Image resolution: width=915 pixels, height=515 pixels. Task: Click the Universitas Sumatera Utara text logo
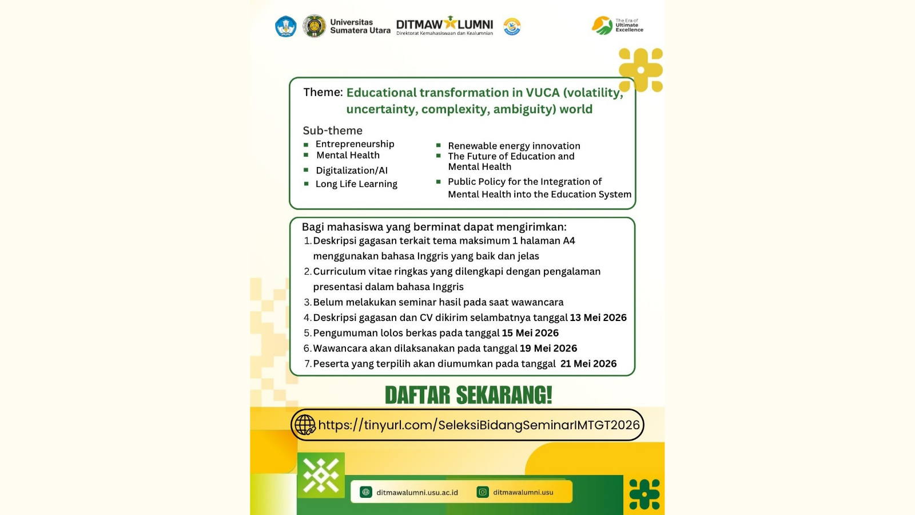(360, 26)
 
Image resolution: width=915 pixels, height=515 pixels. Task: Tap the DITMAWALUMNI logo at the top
(444, 26)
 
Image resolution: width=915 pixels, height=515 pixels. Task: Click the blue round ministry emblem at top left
(286, 26)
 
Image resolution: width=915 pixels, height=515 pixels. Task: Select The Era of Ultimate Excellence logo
(618, 26)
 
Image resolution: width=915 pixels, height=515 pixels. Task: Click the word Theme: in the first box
(323, 92)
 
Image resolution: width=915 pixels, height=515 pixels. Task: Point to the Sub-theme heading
(332, 130)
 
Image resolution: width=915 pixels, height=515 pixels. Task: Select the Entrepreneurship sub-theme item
(355, 144)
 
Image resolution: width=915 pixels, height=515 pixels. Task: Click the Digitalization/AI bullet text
(352, 171)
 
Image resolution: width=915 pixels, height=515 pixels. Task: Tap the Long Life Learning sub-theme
(356, 184)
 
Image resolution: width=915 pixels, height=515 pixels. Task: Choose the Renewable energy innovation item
(514, 146)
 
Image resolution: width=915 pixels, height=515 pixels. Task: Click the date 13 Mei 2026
(598, 318)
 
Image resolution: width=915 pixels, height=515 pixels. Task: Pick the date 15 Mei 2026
(530, 333)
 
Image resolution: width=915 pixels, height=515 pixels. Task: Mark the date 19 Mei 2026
(548, 348)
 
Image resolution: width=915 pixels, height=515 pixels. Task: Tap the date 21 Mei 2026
(588, 364)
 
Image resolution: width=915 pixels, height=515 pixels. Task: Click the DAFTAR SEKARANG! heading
(468, 395)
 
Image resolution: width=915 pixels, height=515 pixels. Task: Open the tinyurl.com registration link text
(479, 425)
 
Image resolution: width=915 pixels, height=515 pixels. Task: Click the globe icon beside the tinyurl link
(305, 425)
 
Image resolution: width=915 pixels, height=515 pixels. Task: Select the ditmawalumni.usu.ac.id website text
(417, 492)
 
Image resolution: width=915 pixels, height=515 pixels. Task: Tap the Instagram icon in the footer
(483, 492)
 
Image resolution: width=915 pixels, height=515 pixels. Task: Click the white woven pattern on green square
(321, 475)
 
